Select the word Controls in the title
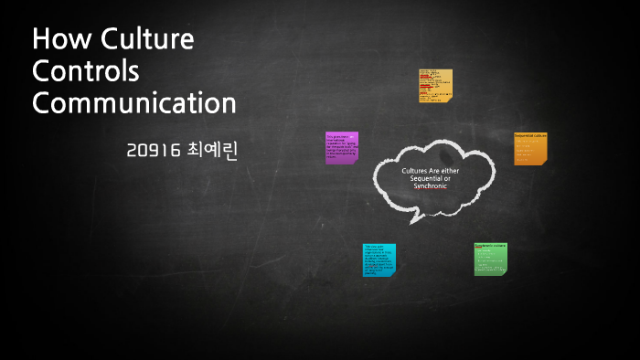(x=86, y=71)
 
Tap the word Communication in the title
(x=134, y=101)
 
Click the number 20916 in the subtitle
(x=155, y=152)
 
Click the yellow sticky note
(x=436, y=85)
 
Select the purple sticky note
(x=341, y=147)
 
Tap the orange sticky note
(x=530, y=148)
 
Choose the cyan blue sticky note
(x=379, y=259)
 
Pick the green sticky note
(x=490, y=259)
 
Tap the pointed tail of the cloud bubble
(x=414, y=219)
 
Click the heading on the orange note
(x=529, y=135)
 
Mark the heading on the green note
(x=490, y=246)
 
